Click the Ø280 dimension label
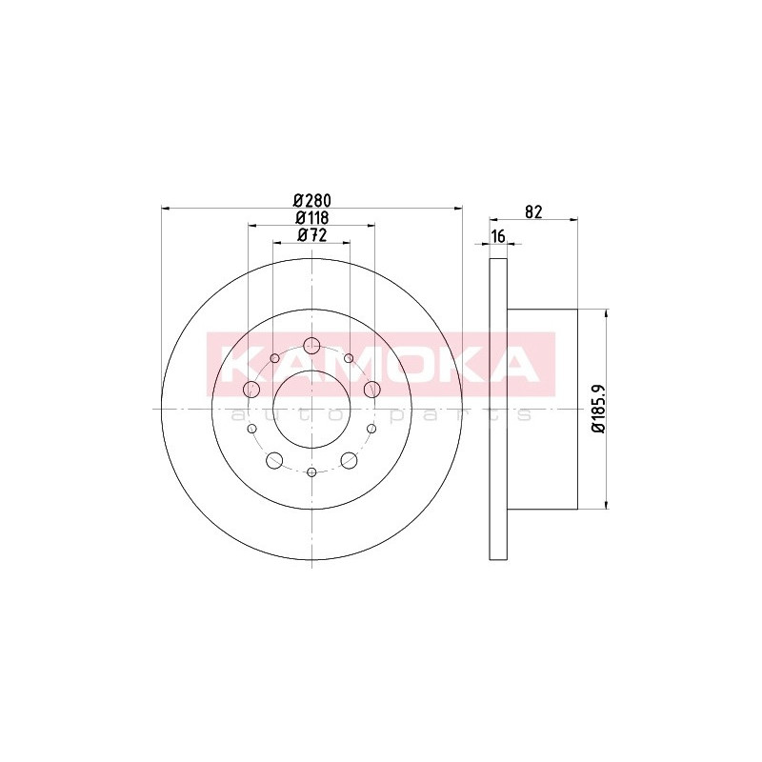(312, 200)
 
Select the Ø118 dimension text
(312, 217)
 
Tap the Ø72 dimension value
(312, 234)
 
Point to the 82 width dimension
(533, 211)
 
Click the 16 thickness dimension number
(498, 236)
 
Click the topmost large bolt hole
(311, 346)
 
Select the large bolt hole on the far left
(251, 389)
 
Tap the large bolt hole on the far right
(371, 389)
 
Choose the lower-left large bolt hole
(274, 460)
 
